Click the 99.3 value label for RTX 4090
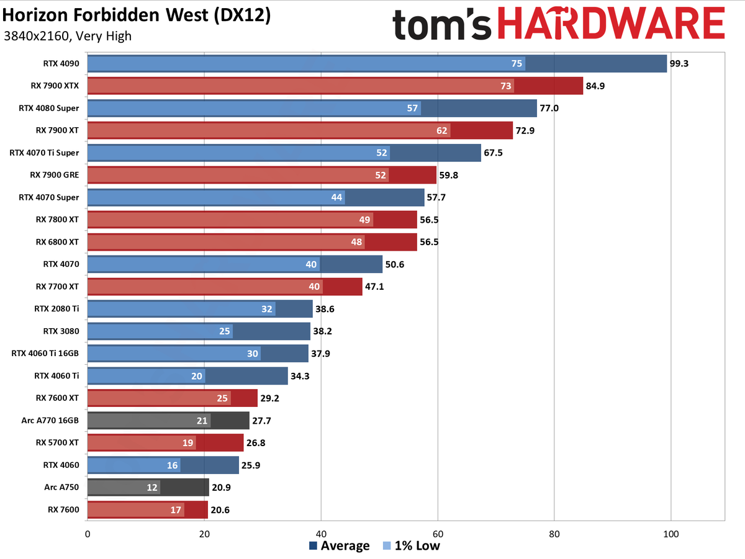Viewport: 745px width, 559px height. pos(679,63)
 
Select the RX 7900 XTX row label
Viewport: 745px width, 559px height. pos(55,86)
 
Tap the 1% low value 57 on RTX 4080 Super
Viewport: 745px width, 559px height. pos(412,108)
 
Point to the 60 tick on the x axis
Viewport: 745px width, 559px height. pos(438,533)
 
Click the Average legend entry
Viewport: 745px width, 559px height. pos(339,546)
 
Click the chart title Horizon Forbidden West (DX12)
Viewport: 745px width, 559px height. pos(137,15)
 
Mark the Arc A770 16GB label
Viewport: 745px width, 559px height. pos(50,421)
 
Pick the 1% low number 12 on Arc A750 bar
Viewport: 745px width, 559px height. pos(152,488)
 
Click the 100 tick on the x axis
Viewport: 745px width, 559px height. pos(671,533)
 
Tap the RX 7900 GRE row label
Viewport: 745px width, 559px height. pos(55,175)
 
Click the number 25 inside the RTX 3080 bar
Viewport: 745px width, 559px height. pos(225,331)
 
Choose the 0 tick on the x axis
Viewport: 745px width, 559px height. pos(88,533)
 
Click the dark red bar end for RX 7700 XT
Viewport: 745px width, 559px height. pos(343,287)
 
